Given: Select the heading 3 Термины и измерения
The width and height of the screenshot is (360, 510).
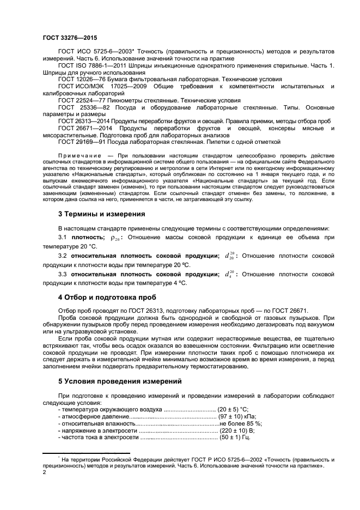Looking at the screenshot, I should [101, 214].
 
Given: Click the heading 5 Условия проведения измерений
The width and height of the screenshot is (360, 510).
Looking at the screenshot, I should [116, 381].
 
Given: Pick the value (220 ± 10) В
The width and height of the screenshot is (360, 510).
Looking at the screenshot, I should [236, 430].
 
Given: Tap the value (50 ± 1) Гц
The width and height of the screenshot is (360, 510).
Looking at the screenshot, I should [234, 437].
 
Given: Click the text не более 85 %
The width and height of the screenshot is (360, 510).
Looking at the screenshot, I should [241, 423].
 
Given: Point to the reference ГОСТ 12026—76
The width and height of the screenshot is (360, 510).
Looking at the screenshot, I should [82, 79].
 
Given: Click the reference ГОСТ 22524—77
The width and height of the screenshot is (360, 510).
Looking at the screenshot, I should [82, 100].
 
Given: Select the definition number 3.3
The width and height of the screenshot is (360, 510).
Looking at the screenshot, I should [63, 274].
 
